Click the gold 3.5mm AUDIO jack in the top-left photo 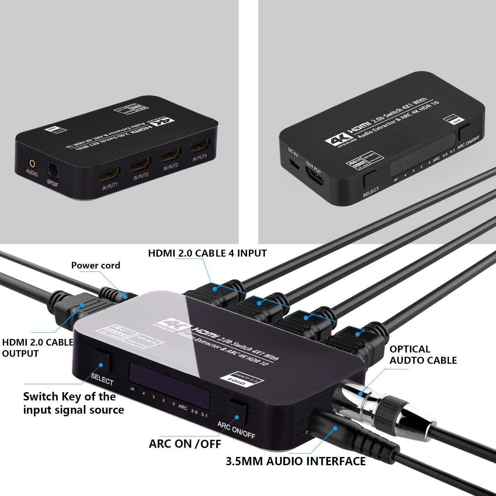point(32,163)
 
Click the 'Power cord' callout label point(96,265)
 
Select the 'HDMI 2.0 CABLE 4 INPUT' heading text point(207,253)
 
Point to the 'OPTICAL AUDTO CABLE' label point(423,354)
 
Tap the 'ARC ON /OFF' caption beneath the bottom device point(185,444)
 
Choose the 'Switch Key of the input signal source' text point(73,403)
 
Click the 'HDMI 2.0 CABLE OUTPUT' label point(37,348)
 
